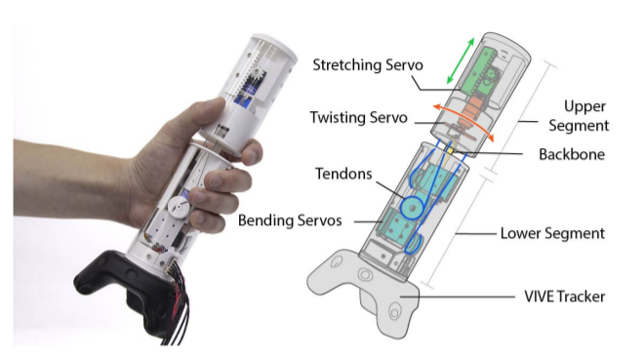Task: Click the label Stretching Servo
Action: point(368,64)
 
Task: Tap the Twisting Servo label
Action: point(358,117)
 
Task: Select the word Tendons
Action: point(343,174)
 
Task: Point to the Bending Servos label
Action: point(290,220)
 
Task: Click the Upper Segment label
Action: point(579,116)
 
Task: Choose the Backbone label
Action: point(572,154)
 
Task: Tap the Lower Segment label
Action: point(552,233)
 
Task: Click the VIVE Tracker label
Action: point(564,297)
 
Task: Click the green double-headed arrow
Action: point(461,60)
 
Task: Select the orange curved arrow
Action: point(464,118)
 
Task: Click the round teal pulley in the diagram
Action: point(413,207)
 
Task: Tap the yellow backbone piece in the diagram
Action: point(451,151)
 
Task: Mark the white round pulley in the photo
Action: point(179,206)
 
